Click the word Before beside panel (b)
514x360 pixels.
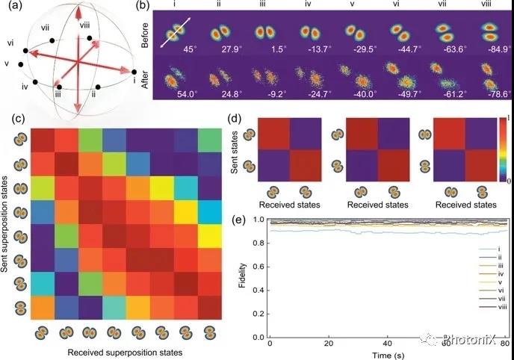click(147, 34)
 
